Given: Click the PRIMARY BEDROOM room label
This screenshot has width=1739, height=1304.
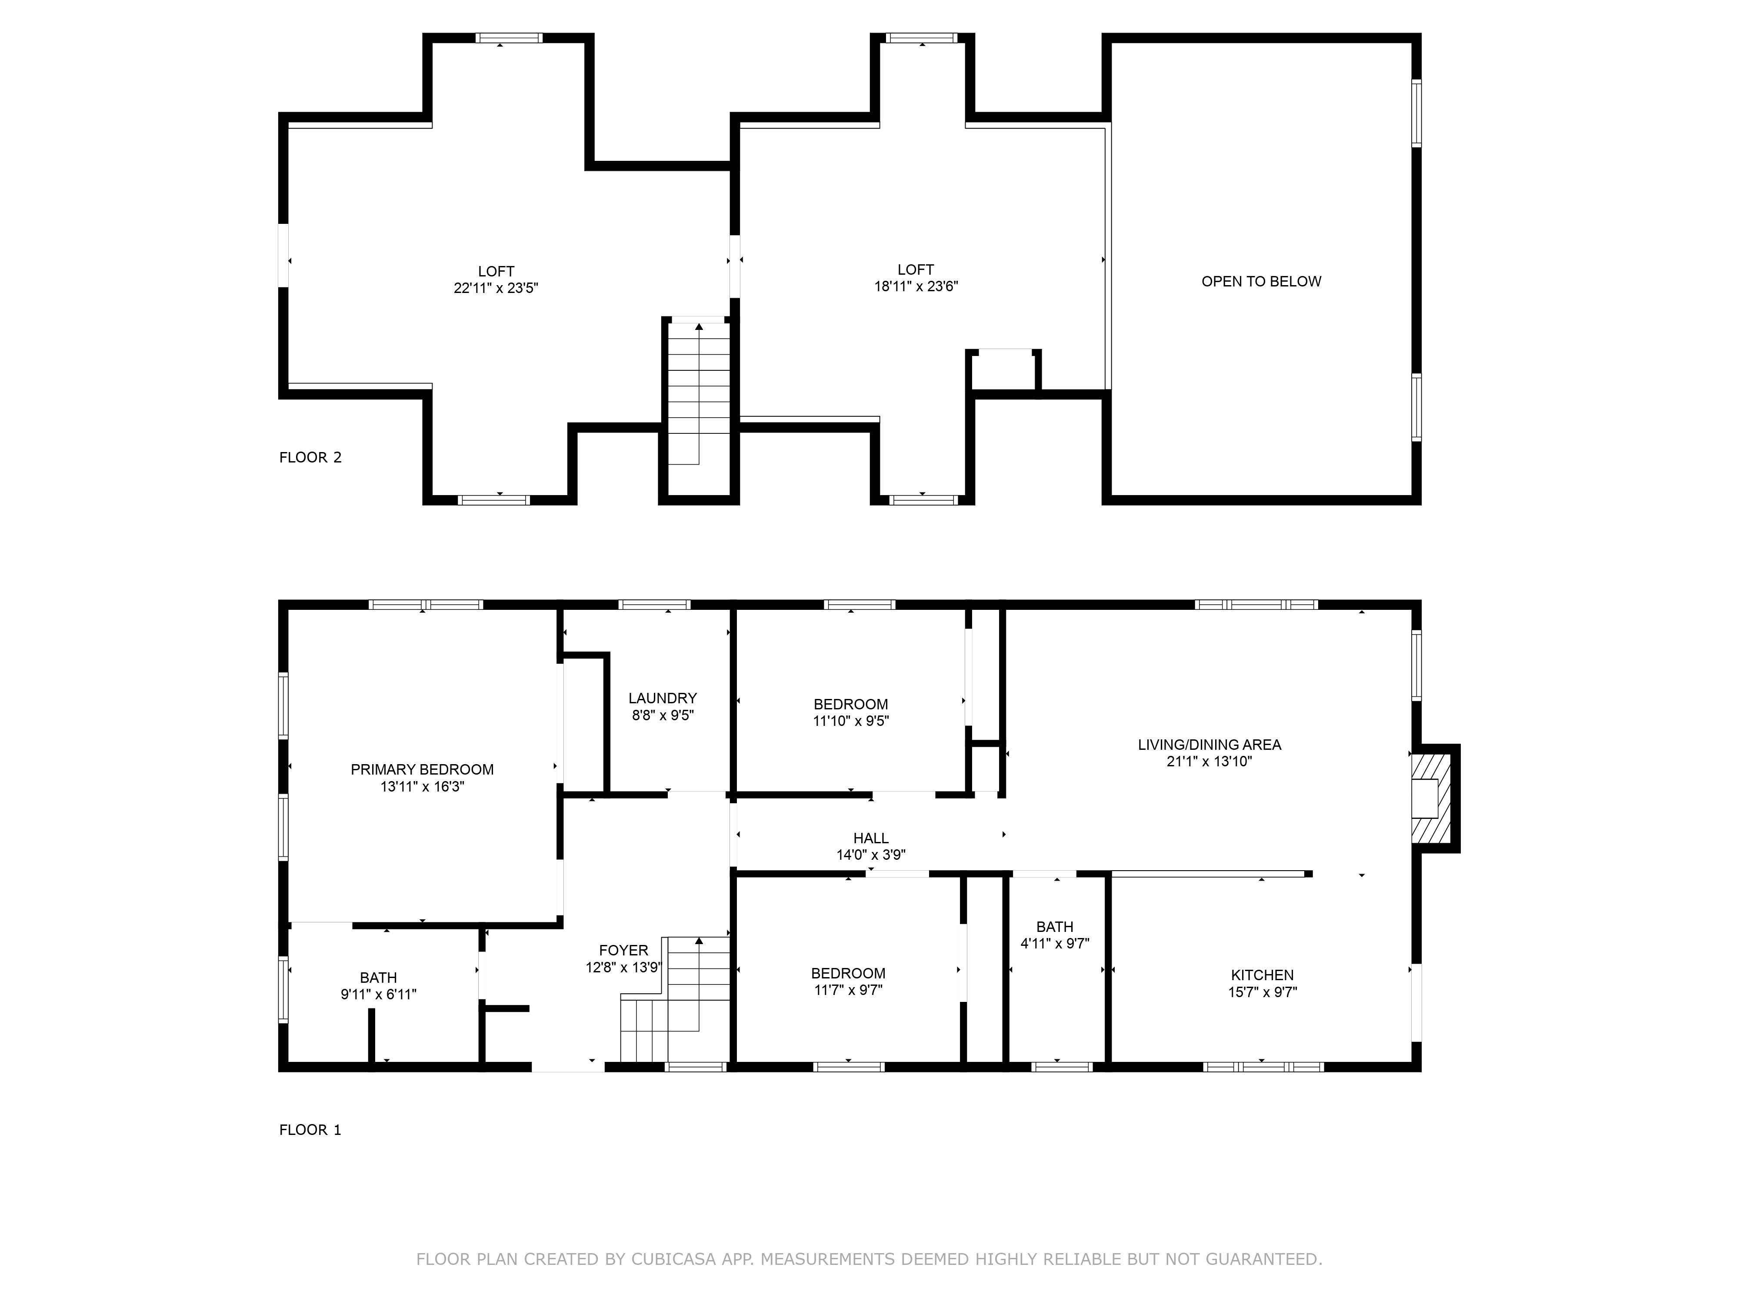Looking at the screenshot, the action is point(422,769).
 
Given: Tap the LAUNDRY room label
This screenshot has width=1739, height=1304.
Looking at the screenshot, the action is point(663,698).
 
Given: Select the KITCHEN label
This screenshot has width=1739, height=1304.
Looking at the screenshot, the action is point(1263,975).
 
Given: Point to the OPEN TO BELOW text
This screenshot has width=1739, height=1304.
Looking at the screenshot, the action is point(1262,281).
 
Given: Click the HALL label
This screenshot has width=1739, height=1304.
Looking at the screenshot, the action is point(871,838).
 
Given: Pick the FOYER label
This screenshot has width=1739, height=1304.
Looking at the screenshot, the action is point(623,950).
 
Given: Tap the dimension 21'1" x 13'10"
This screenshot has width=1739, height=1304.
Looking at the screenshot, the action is point(1209,761).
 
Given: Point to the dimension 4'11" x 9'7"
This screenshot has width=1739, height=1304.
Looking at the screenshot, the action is point(1055,943).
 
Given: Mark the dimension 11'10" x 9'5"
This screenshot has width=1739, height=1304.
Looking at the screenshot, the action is point(851,721).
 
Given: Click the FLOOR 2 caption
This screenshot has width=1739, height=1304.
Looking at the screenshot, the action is point(310,457).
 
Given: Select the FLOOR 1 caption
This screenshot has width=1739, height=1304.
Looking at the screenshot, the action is point(310,1130).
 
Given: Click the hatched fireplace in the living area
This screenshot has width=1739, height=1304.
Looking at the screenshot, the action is point(1430,798).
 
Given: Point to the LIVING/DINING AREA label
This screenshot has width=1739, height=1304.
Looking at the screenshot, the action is point(1209,744).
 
